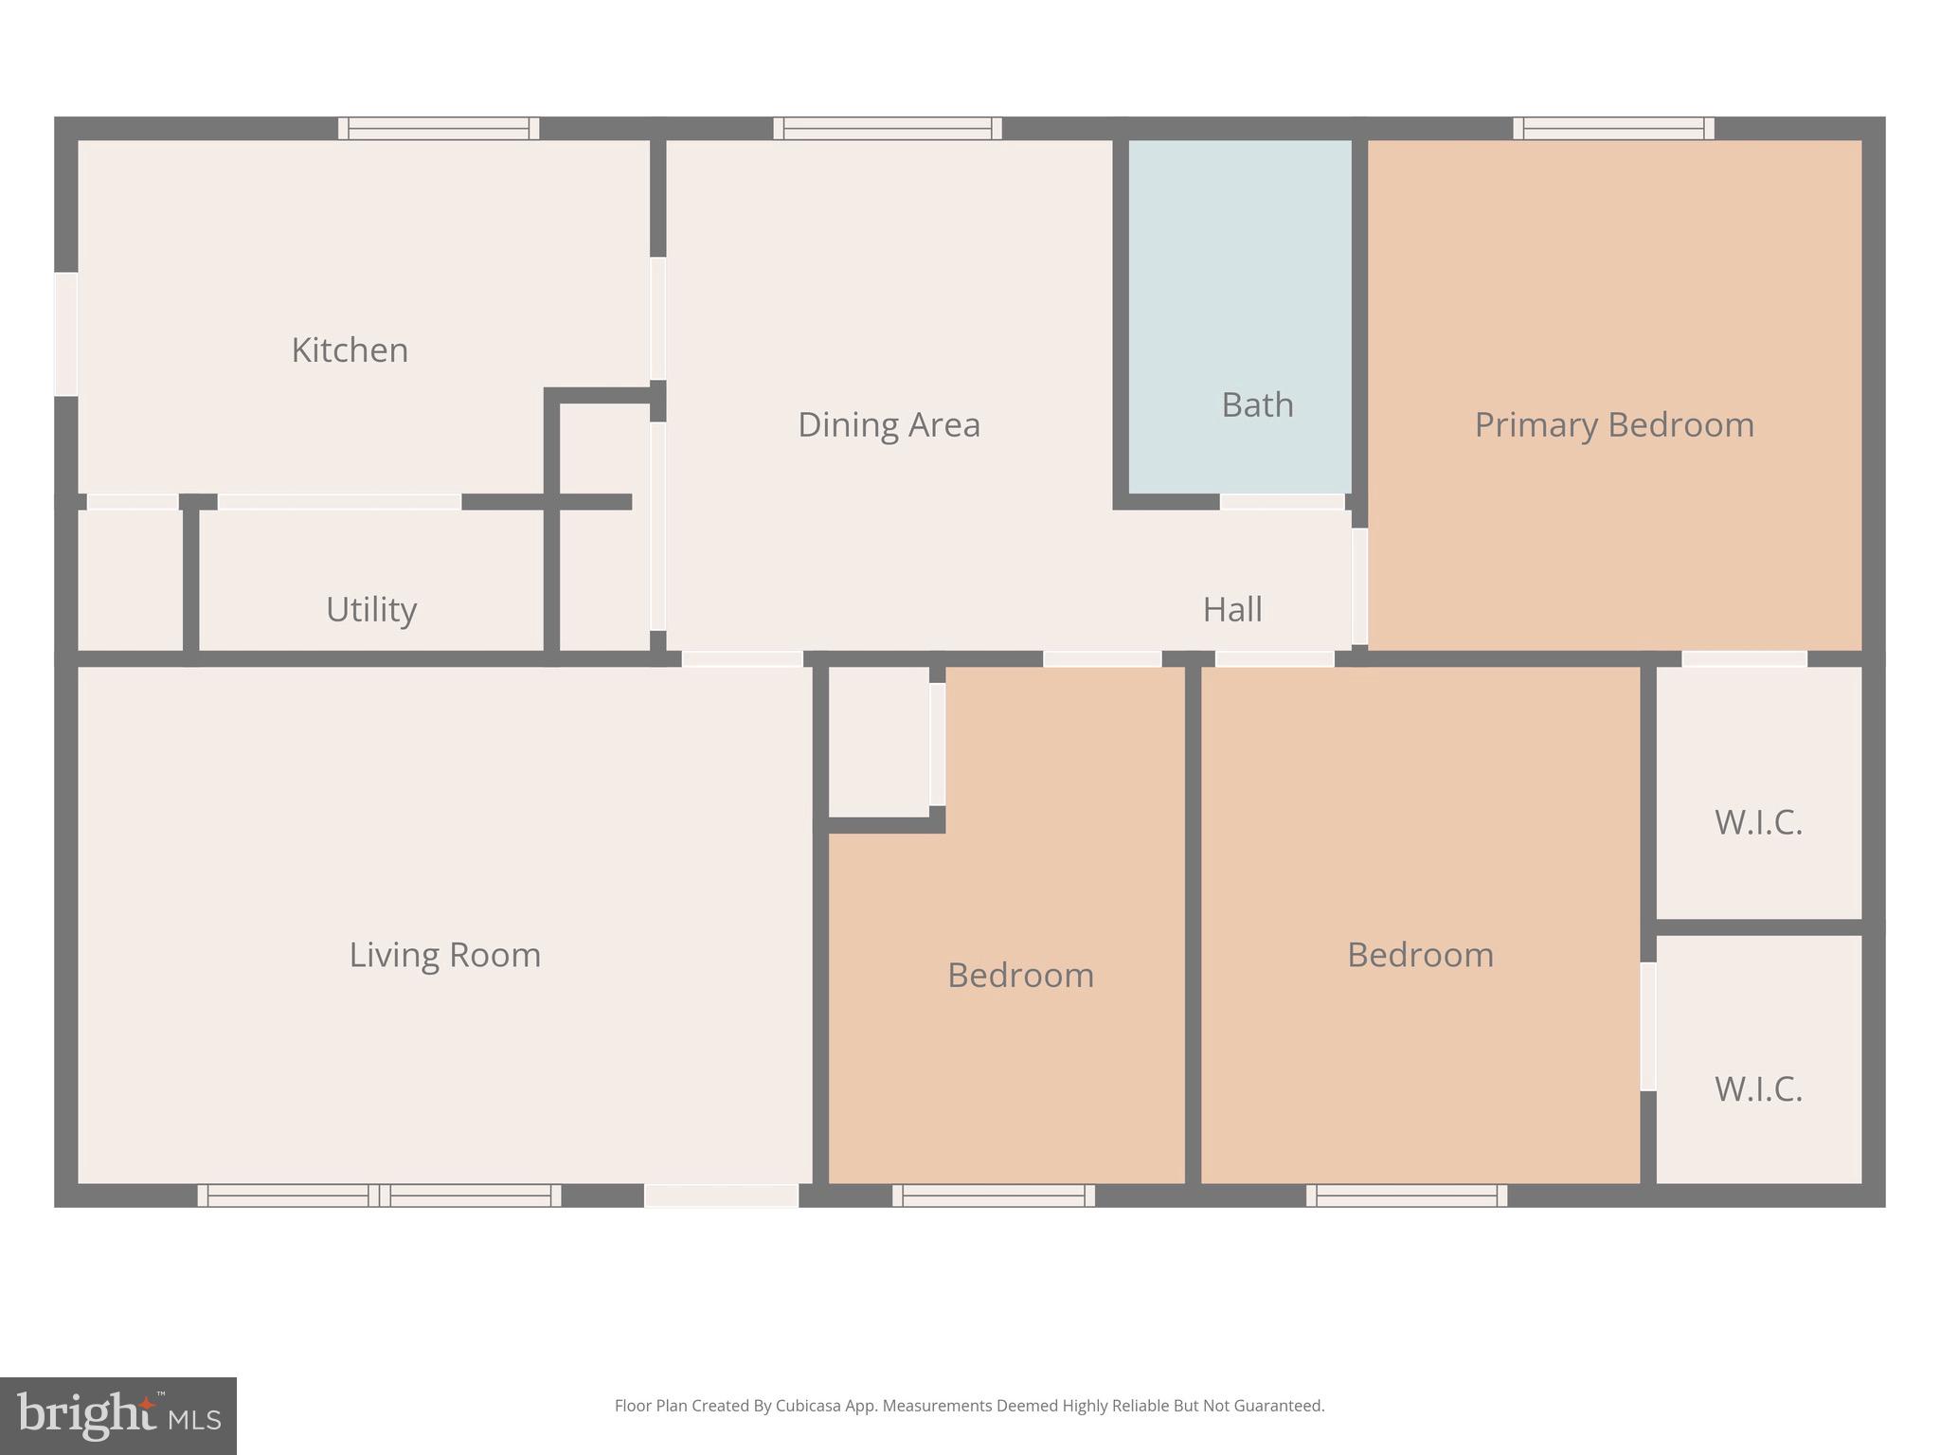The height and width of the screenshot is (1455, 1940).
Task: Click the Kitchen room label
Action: [350, 350]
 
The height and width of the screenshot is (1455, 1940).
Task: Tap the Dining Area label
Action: [889, 424]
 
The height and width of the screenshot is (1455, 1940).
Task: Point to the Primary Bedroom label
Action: [1614, 424]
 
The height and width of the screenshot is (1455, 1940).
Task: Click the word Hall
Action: [1232, 609]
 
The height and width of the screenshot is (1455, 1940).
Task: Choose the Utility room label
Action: [371, 609]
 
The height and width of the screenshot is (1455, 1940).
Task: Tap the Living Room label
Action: [445, 955]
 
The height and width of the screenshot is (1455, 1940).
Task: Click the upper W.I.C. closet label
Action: [1758, 822]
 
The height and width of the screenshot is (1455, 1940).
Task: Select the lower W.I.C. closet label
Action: [1758, 1089]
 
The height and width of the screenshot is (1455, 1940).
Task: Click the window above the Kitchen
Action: [439, 129]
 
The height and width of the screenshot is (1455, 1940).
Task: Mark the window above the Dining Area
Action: [888, 129]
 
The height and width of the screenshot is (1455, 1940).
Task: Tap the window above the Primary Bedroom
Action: [1613, 129]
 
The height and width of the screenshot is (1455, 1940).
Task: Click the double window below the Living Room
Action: [379, 1195]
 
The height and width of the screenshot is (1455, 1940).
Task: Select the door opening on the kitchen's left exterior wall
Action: [65, 334]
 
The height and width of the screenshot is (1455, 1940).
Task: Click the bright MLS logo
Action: [118, 1415]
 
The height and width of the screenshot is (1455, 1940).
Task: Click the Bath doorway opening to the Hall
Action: [1282, 502]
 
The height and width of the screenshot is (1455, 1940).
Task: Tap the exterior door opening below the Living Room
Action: [722, 1195]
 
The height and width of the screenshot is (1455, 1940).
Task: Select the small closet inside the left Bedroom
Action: [878, 741]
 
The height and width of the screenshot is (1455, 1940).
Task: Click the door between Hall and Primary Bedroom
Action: [1359, 585]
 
